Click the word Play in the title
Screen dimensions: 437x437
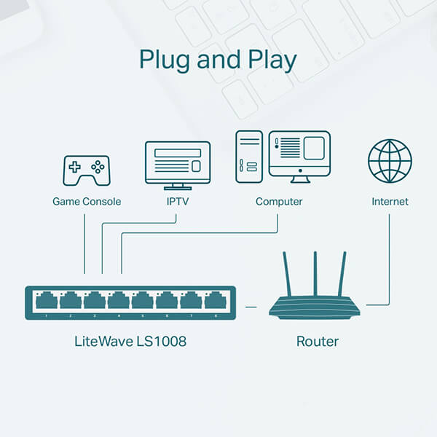pyautogui.click(x=271, y=60)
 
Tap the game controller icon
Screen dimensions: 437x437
pyautogui.click(x=86, y=170)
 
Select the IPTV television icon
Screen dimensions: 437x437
pyautogui.click(x=178, y=165)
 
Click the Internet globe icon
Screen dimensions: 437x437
pyautogui.click(x=390, y=162)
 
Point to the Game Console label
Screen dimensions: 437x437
pyautogui.click(x=87, y=202)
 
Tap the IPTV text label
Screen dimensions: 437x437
pyautogui.click(x=177, y=202)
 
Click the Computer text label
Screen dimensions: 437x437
pyautogui.click(x=279, y=202)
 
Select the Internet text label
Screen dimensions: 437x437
pyautogui.click(x=390, y=202)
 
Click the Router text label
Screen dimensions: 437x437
pyautogui.click(x=317, y=341)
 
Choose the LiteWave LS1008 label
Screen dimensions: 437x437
pyautogui.click(x=130, y=341)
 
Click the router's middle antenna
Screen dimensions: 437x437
pyautogui.click(x=315, y=273)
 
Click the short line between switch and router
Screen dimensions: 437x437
pyautogui.click(x=251, y=307)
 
